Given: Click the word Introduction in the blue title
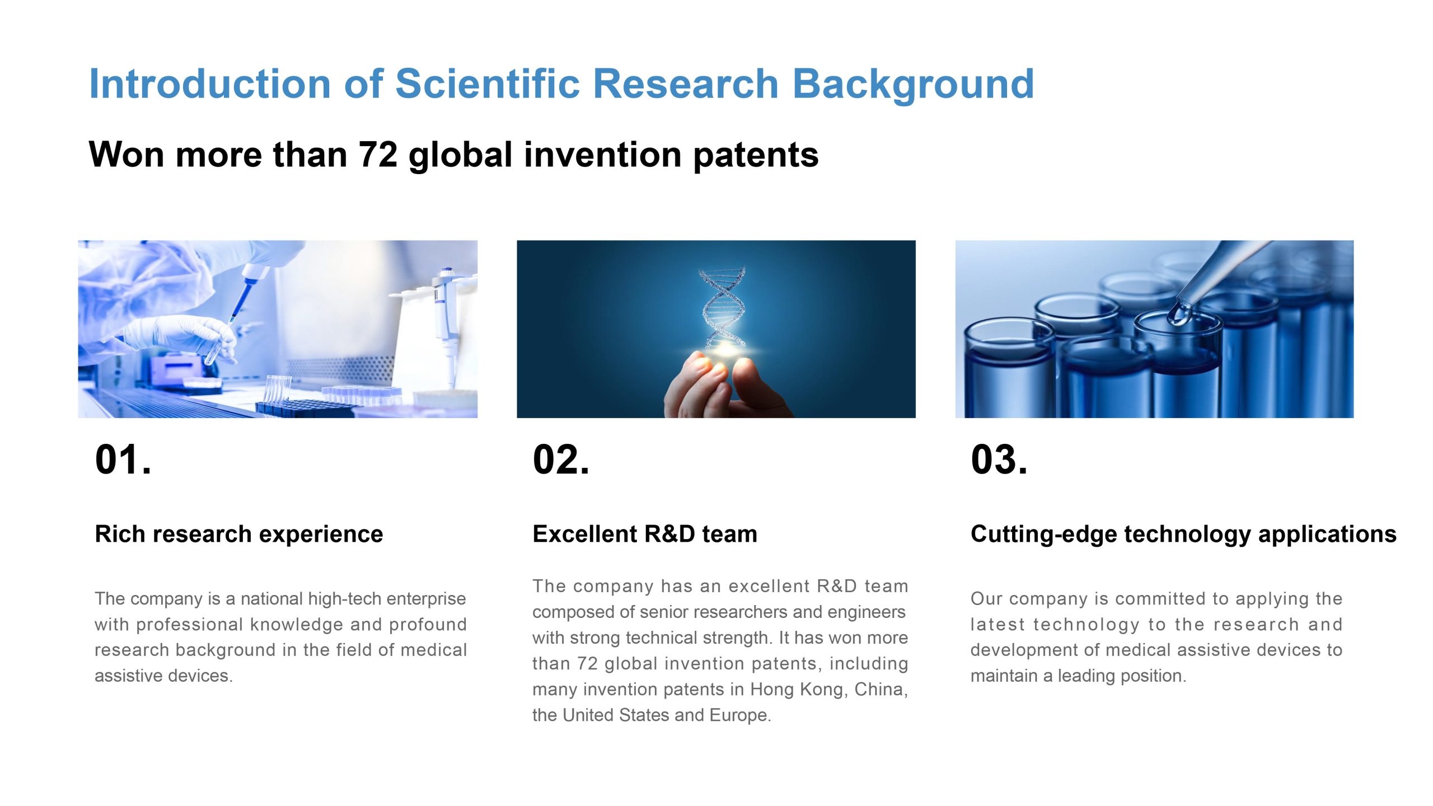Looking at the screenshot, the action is [x=210, y=84].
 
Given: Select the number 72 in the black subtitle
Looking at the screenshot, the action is [x=378, y=154].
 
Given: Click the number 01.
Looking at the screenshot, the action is [x=123, y=460].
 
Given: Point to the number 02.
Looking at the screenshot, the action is [x=561, y=460].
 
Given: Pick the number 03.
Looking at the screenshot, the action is [x=999, y=460].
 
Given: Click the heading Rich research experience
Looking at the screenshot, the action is [x=239, y=534].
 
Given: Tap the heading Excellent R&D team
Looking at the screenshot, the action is [x=645, y=534].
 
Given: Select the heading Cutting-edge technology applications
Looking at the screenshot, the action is [x=1184, y=535].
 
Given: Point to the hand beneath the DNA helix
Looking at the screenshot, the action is [x=725, y=386].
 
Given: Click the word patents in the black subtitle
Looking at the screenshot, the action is [x=756, y=156].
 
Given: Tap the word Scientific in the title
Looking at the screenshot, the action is [x=487, y=84].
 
